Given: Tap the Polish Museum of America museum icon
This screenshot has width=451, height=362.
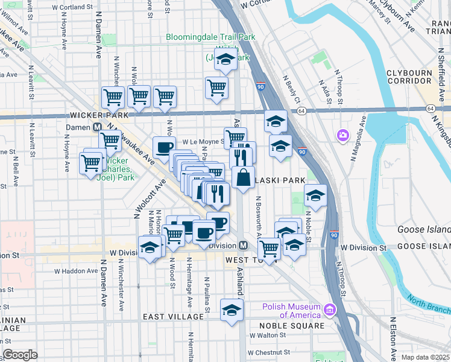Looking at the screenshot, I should coord(329,310).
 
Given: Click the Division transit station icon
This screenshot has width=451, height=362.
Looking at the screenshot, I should coord(243,246).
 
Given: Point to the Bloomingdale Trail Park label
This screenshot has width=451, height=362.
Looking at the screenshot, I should coord(210,37).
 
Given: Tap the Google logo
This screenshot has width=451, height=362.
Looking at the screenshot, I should coord(20,355).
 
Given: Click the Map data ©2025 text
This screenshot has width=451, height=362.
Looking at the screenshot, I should coord(425,357).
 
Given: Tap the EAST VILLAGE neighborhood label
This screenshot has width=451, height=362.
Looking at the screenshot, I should coord(174,317).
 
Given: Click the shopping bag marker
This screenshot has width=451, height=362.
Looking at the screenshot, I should coord(243,179).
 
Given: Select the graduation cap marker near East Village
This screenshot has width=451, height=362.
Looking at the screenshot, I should coord(231,310).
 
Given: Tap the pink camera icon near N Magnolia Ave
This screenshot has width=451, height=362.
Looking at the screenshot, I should coord(343,134).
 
